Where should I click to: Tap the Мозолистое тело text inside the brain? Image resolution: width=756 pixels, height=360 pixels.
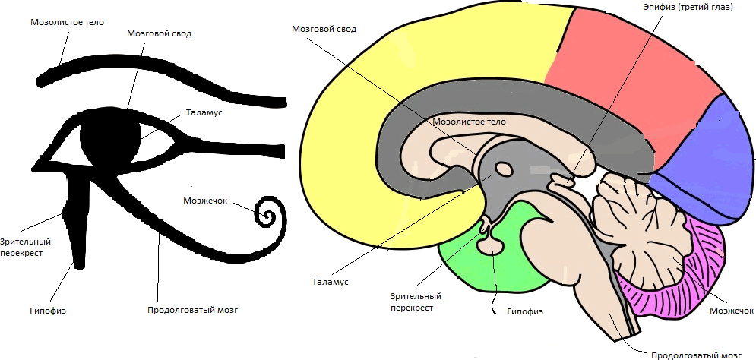469,121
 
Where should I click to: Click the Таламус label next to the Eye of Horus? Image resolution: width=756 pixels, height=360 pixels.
204,113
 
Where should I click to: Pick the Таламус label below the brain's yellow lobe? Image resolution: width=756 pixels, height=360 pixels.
330,282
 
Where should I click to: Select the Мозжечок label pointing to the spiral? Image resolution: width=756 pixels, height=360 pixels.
206,201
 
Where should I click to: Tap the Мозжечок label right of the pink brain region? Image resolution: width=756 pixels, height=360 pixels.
731,311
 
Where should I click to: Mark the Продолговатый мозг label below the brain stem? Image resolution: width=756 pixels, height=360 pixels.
697,354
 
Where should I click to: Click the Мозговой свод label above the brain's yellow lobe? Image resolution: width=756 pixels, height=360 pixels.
324,29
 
